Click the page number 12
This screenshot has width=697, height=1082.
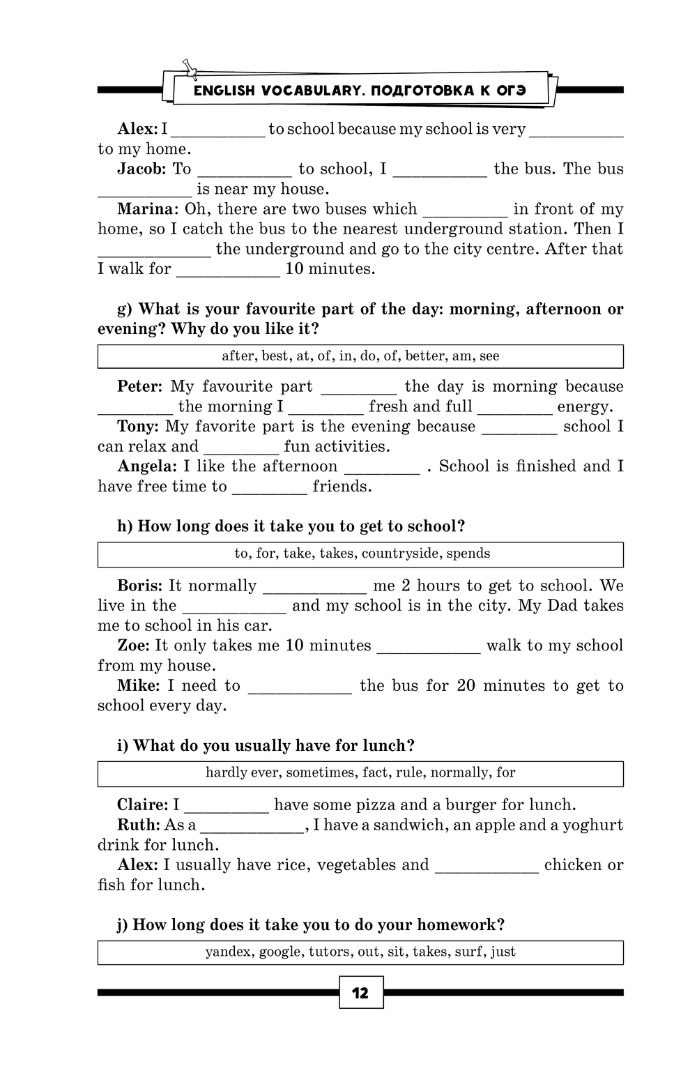(361, 993)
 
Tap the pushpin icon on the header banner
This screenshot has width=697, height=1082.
(189, 67)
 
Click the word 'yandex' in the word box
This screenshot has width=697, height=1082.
(229, 952)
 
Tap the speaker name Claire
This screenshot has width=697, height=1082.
(142, 805)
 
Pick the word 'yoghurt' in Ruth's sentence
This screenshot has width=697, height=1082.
(595, 825)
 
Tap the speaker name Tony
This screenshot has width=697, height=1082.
(138, 427)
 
